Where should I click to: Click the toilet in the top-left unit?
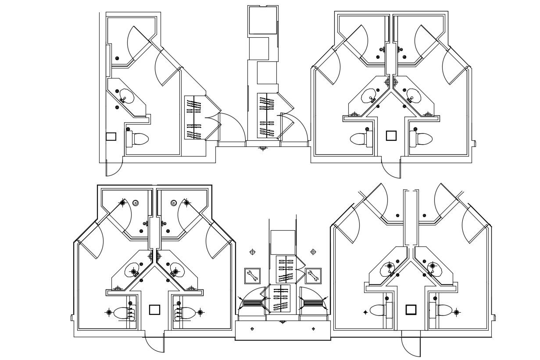pos(140,139)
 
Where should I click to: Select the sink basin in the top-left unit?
pos(126,96)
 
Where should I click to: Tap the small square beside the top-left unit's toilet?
pos(111,136)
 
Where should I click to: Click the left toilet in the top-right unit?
pos(359,139)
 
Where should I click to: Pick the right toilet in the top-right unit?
pos(423,139)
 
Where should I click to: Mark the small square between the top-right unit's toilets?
pos(391,135)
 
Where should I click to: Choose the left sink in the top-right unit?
pos(369,96)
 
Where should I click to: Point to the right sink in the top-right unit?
pos(414,96)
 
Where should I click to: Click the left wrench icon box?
pos(252,276)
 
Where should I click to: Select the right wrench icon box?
pos(313,276)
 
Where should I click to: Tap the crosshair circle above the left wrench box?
pos(252,252)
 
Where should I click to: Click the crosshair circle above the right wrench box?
pos(313,252)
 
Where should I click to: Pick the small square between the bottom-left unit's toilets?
pos(154,310)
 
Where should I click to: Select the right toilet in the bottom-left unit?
pos(186,313)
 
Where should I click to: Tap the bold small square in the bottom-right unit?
pos(411,310)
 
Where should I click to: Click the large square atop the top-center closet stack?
pos(263,20)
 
